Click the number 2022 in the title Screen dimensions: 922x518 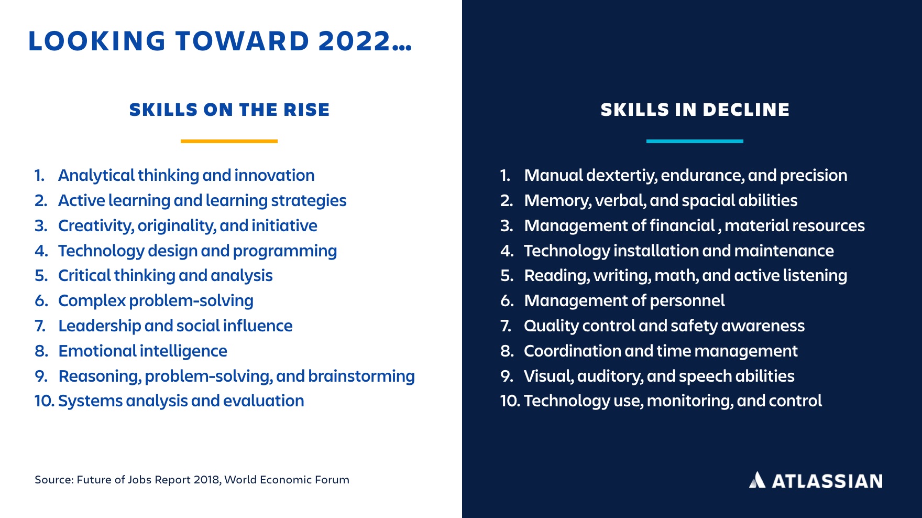(x=355, y=41)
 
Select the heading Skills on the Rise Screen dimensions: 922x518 (x=229, y=110)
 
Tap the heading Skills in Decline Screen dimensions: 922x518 (x=695, y=110)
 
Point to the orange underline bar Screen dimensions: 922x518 (x=229, y=141)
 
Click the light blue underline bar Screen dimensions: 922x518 (x=695, y=141)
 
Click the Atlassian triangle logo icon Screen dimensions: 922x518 (x=757, y=480)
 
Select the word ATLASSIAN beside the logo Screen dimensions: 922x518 (x=827, y=481)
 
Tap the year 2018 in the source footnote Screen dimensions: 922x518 (x=206, y=480)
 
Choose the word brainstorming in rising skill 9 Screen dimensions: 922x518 (x=361, y=376)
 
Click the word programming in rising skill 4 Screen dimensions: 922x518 (x=285, y=251)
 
